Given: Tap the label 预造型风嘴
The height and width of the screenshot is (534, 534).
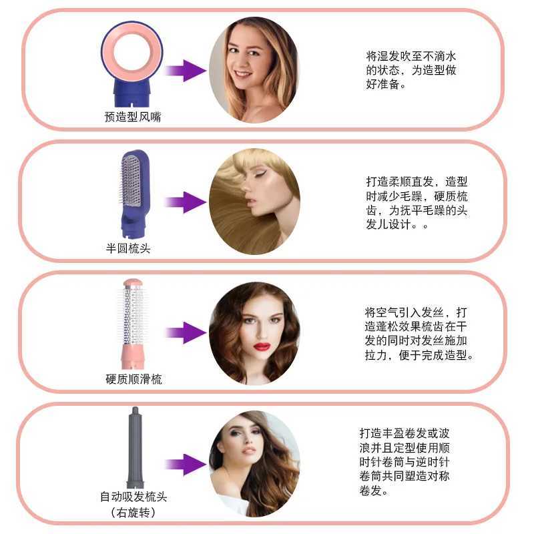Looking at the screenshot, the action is pos(133,117).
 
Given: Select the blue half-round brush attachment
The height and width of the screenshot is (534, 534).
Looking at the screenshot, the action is pos(135,194).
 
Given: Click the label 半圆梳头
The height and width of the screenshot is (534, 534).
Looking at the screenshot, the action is pos(128,248).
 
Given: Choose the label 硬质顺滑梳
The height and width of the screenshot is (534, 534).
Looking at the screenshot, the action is pos(133,379).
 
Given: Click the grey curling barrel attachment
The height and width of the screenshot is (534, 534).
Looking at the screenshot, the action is pos(136,447).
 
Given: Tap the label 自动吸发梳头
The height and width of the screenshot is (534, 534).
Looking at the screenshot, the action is pos(133,497).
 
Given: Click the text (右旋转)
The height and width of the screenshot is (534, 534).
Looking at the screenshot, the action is pos(133,512).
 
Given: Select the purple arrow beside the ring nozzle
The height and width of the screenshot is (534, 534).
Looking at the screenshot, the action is pos(186,71).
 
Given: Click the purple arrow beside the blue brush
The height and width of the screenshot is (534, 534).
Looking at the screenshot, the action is pos(186,202).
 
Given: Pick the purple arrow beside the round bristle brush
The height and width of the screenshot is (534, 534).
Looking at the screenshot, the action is pos(186,332).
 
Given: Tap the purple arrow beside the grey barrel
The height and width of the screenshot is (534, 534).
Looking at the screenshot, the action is pos(186,464).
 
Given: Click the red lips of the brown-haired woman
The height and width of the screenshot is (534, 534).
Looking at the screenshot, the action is pos(262,346).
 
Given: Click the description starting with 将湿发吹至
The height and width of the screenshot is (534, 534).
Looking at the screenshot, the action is pos(411,70).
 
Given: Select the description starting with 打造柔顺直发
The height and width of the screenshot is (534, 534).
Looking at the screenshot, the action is pos(417,203).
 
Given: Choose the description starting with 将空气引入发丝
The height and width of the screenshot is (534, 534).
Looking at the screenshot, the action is pos(419,334).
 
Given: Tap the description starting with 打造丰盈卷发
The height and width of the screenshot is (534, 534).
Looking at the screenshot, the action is pos(405,462).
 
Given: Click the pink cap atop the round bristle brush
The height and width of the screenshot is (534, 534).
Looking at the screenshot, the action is pos(133,283).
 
